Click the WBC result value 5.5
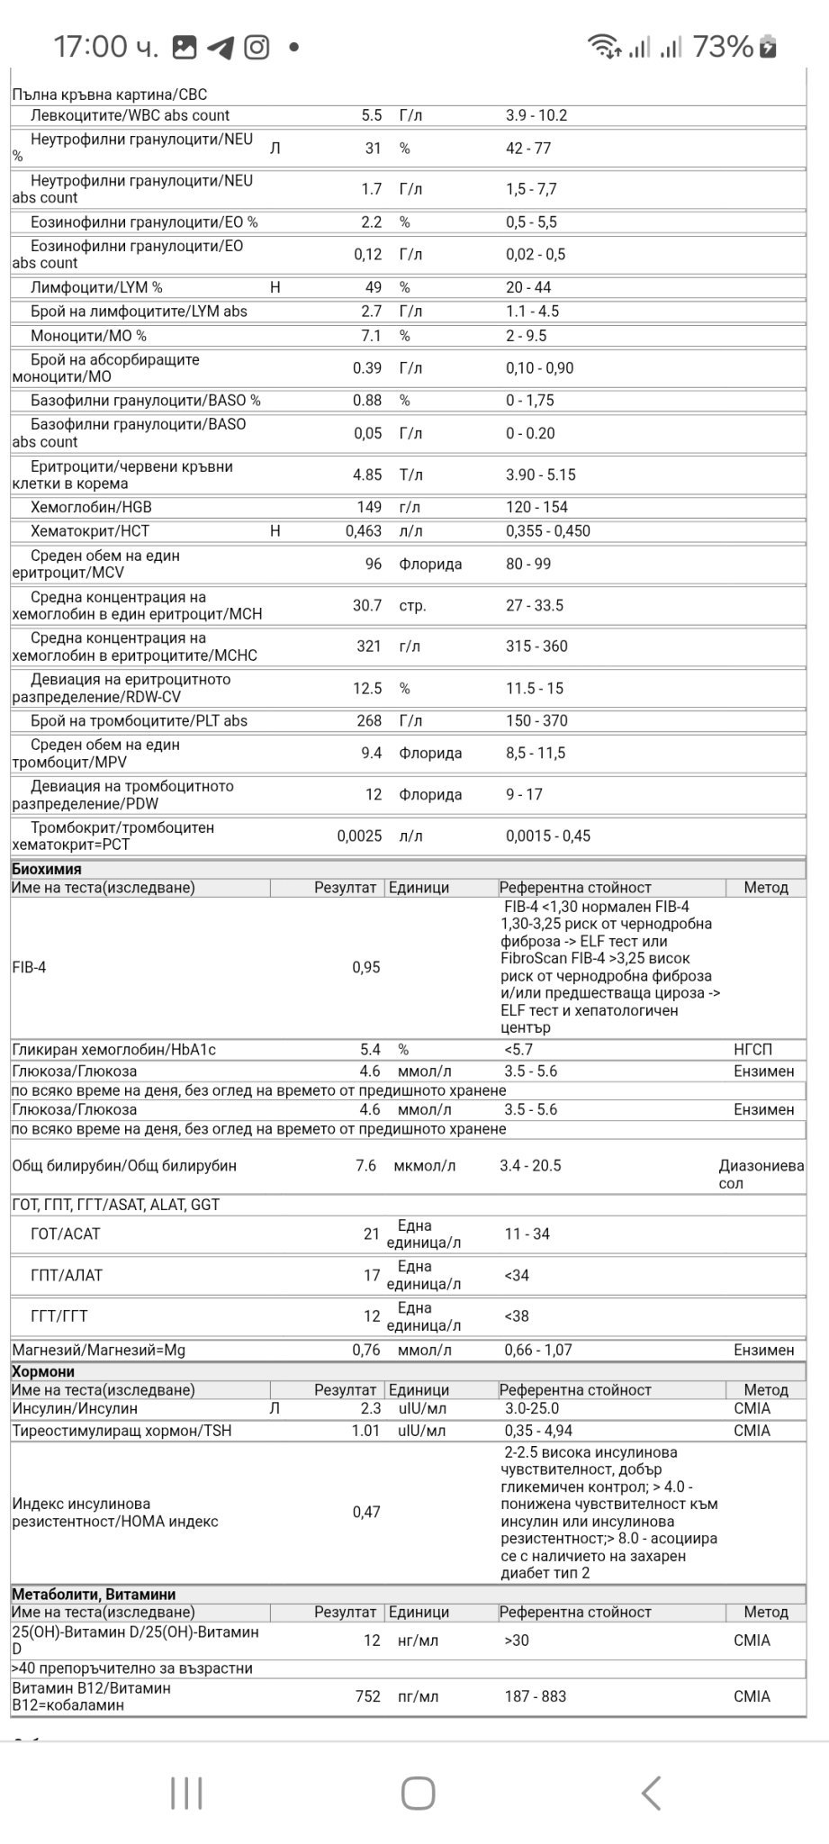pos(371,115)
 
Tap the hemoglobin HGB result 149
pos(369,507)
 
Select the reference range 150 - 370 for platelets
pos(536,720)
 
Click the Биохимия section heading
pos(47,869)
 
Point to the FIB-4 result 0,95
pos(365,967)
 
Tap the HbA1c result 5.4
pos(370,1050)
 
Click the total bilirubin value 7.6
pos(365,1165)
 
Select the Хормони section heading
pos(43,1371)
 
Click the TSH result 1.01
pos(365,1430)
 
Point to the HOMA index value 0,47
pos(365,1512)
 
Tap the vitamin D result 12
pos(372,1641)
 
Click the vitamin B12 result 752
pos(367,1696)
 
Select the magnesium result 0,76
pos(365,1350)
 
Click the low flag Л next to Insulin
pos(275,1408)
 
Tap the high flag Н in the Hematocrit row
pos(275,531)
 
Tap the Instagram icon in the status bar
pos(257,47)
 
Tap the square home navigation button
pos(418,1793)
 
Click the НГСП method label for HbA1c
pos(752,1050)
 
